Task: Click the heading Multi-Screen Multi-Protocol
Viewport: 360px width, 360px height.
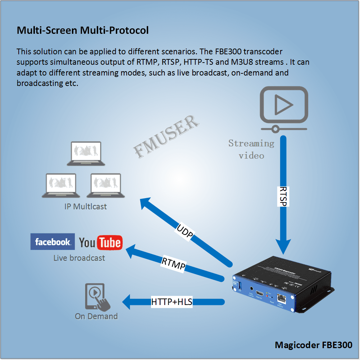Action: click(83, 30)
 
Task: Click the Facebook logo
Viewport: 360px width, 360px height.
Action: click(53, 242)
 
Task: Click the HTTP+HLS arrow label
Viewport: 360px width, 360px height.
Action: click(172, 302)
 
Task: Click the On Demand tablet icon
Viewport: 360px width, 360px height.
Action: click(95, 296)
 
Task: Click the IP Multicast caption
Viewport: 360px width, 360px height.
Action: click(86, 207)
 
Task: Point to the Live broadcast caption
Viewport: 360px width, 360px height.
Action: click(79, 258)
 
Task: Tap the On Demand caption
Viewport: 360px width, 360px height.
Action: click(96, 316)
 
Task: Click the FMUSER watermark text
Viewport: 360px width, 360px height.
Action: click(167, 136)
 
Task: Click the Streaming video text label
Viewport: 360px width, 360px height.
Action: click(251, 149)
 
